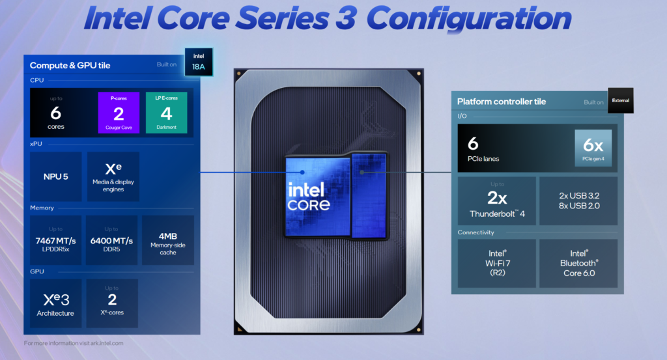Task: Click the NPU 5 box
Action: click(56, 176)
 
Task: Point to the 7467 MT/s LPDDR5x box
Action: click(56, 240)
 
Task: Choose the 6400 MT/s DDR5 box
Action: click(111, 240)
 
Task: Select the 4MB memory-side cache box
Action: click(167, 240)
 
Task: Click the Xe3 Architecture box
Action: click(56, 303)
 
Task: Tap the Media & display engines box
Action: click(111, 176)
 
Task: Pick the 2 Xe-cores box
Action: click(111, 303)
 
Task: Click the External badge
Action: click(620, 100)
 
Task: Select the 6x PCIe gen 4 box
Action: click(593, 148)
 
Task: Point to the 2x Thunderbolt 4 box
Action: click(496, 201)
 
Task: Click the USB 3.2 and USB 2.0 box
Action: click(578, 201)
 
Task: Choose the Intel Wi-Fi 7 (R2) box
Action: click(496, 263)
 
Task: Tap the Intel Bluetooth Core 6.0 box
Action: click(578, 263)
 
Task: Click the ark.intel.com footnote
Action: click(74, 343)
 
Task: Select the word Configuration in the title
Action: click(468, 20)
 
